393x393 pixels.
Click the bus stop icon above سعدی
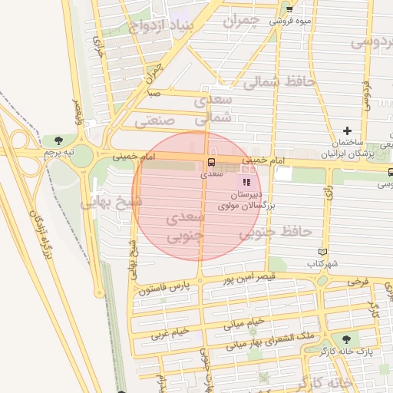pos(210,161)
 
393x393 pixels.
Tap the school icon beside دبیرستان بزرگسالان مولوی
pos(246,182)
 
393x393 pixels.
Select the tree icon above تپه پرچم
pos(58,140)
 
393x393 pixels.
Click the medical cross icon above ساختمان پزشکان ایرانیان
pos(347,131)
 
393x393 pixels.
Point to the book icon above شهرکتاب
pos(323,252)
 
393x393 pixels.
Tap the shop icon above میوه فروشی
pos(289,8)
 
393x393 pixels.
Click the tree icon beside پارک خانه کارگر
pos(345,339)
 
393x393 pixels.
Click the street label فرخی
pos(357,282)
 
